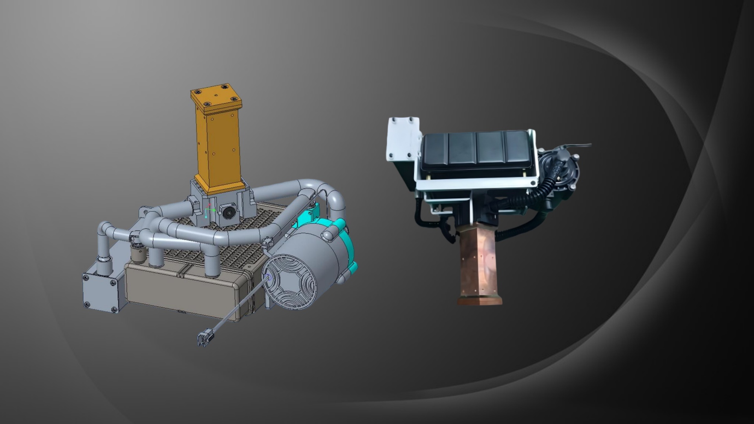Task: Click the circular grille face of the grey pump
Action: (290, 281)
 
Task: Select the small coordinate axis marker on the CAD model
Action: (208, 212)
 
